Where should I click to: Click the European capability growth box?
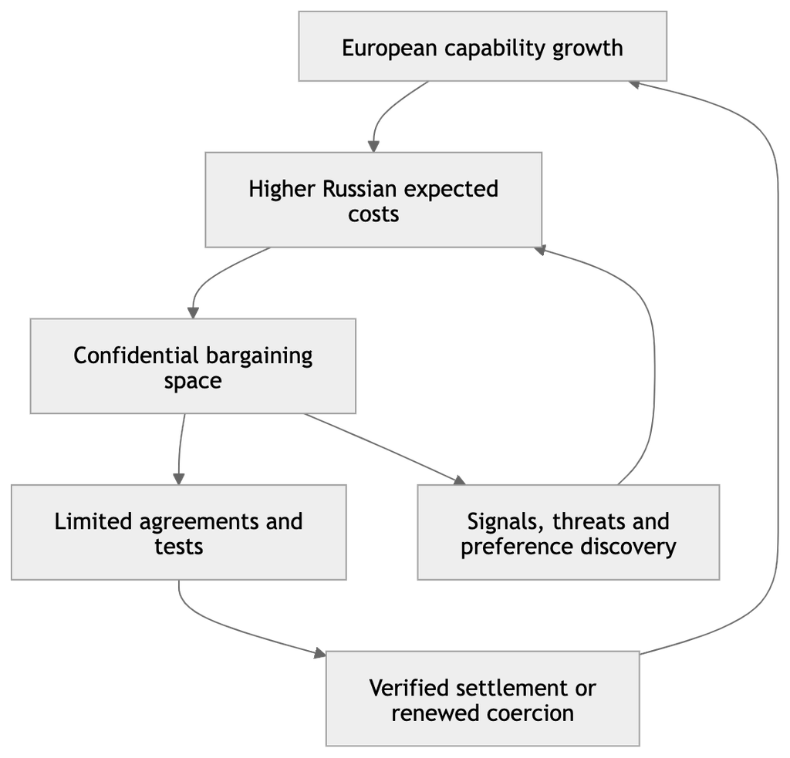click(483, 46)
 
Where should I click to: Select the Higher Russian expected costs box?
click(373, 200)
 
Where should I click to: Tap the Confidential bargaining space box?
click(193, 366)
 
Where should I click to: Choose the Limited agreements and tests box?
click(179, 532)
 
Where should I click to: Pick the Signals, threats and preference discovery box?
click(569, 532)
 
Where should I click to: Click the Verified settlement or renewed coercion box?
click(483, 699)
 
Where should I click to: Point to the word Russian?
click(360, 190)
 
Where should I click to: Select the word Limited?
click(93, 522)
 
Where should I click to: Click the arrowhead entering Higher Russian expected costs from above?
click(373, 147)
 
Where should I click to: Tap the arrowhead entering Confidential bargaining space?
click(193, 313)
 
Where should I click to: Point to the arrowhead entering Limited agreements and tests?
click(179, 479)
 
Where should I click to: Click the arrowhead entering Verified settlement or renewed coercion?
click(320, 653)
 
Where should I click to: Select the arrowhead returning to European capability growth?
click(635, 84)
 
